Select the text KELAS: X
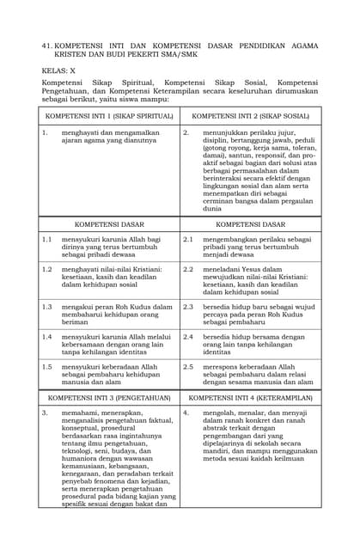coord(60,71)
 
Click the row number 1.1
coord(47,240)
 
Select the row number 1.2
coord(47,269)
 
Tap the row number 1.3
coord(47,306)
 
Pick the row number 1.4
coord(47,337)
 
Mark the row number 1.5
coord(47,366)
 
